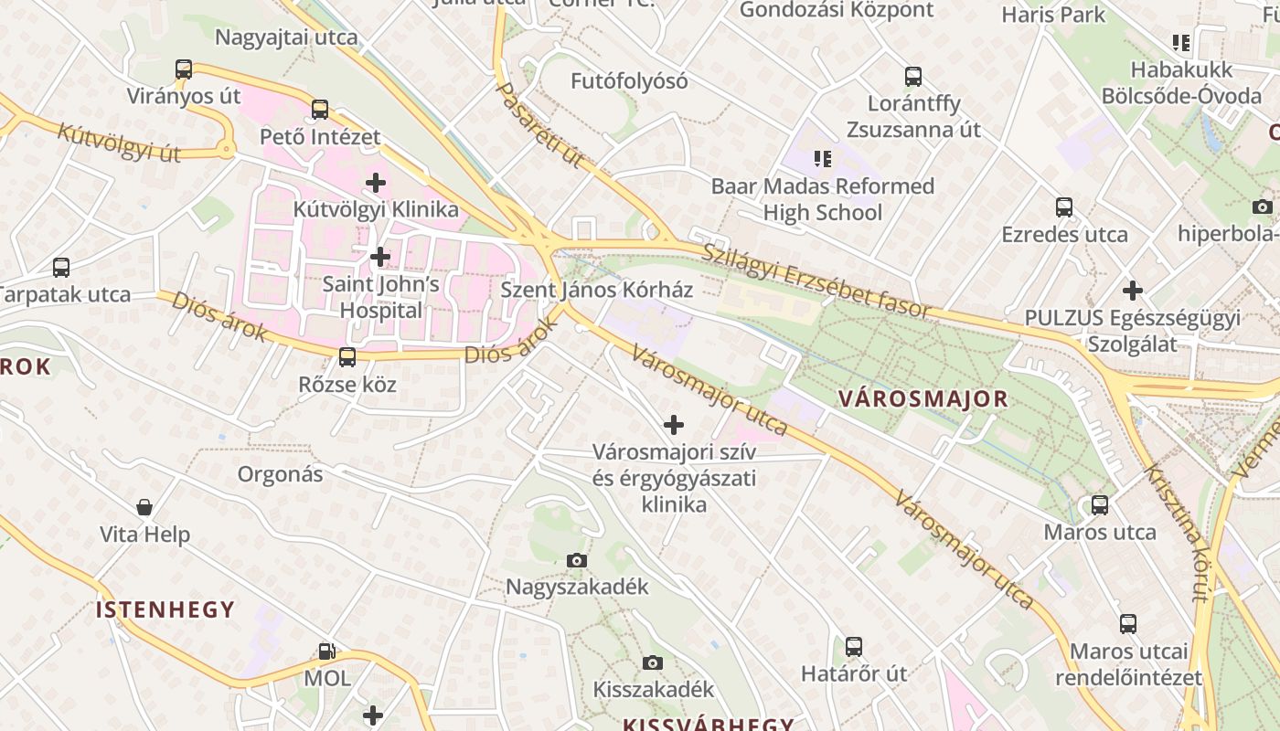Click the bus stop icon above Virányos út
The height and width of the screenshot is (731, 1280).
point(184,69)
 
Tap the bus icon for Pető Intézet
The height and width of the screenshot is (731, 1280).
point(319,110)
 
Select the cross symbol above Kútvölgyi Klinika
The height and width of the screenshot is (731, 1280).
point(375,183)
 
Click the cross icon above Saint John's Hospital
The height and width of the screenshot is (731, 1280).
point(380,257)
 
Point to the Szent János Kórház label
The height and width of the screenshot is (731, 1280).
point(596,291)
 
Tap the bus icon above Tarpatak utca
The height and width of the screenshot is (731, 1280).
point(61,268)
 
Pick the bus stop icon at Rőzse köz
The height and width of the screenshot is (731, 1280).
point(347,357)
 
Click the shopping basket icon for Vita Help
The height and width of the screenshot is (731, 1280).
point(144,507)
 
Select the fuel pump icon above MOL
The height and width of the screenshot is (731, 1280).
point(326,652)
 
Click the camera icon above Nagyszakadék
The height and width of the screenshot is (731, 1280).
point(576,560)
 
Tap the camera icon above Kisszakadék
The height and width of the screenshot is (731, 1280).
point(652,662)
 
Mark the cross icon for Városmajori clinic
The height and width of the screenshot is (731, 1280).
point(674,425)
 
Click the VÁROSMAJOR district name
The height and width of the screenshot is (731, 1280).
point(923,399)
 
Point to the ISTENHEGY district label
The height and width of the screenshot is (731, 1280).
point(165,609)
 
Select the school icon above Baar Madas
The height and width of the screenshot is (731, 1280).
point(823,159)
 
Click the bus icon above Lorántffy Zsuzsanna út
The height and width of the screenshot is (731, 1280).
point(912,77)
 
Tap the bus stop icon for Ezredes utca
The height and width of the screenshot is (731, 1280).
point(1064,207)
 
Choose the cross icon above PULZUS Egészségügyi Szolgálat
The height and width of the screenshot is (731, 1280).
point(1133,291)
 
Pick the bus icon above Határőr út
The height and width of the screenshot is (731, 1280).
point(854,647)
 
